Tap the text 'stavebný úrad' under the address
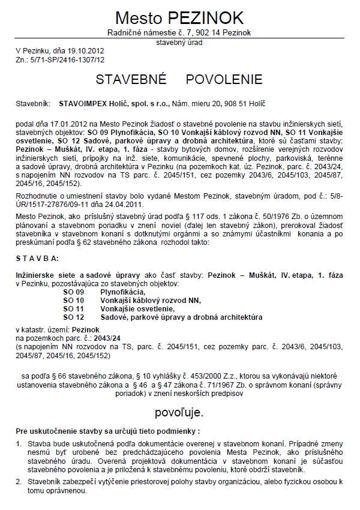point(179,43)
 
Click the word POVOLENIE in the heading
point(224,80)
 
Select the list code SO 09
point(74,291)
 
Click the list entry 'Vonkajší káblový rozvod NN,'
point(150,299)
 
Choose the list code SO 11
point(74,308)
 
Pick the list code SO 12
point(74,316)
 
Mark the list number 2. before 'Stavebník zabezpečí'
point(19,482)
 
